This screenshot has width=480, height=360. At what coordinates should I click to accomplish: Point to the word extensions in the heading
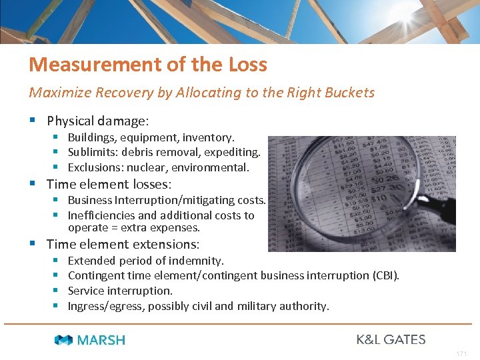pos(167,245)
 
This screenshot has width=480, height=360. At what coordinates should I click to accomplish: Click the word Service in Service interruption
pos(87,291)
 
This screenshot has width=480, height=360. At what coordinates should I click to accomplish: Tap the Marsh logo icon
pos(63,340)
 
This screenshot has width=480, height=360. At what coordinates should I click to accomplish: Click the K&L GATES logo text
pos(391,339)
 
